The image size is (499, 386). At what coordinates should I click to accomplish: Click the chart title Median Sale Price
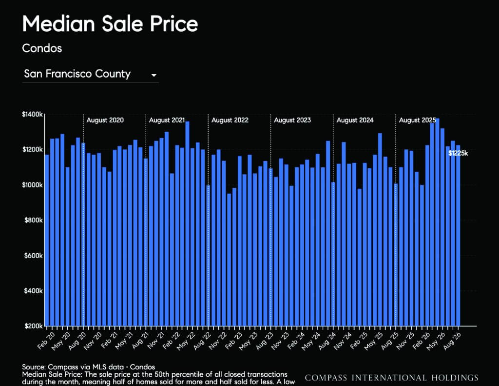point(110,24)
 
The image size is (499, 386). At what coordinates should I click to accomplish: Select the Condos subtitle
point(42,48)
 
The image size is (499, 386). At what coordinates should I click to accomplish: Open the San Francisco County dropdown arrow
point(154,76)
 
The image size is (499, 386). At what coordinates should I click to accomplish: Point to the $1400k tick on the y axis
point(32,114)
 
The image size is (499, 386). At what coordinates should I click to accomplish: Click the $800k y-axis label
point(34,220)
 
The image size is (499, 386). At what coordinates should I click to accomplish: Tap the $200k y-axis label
point(34,326)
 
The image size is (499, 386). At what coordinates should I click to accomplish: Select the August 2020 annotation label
point(105,120)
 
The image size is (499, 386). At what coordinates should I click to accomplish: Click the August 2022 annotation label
point(230,120)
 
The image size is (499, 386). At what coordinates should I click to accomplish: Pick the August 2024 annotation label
point(355,120)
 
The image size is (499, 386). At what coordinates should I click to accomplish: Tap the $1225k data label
point(458,153)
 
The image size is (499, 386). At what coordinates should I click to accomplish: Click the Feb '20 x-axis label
point(46,341)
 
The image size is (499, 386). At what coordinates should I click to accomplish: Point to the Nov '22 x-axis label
point(218,341)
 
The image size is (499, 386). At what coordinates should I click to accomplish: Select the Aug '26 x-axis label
point(452,341)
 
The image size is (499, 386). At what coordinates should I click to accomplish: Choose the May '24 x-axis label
point(311,341)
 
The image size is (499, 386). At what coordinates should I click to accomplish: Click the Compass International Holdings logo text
point(391,378)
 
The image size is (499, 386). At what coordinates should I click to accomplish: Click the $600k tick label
point(34,256)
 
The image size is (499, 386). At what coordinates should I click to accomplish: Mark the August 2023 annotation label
point(292,120)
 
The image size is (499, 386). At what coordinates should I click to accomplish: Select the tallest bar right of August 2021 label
point(187,223)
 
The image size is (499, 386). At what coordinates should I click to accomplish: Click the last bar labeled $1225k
point(458,236)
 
